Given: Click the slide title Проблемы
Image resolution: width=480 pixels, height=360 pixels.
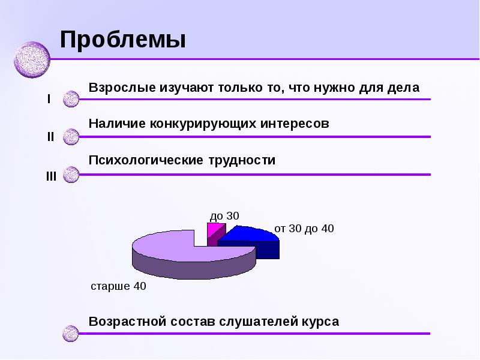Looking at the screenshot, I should pyautogui.click(x=122, y=40).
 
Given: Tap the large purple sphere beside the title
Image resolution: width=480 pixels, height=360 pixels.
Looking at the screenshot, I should pyautogui.click(x=32, y=60).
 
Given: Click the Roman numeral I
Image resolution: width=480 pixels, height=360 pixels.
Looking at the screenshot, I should pyautogui.click(x=49, y=99).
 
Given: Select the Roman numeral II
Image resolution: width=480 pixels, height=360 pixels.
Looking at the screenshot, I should pyautogui.click(x=50, y=137).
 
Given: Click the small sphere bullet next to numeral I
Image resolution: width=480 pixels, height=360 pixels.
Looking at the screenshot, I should pyautogui.click(x=71, y=99).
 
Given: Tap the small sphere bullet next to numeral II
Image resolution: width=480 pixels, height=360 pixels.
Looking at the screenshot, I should pyautogui.click(x=71, y=137).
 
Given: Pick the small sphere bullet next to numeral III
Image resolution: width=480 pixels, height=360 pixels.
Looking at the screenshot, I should pyautogui.click(x=71, y=175).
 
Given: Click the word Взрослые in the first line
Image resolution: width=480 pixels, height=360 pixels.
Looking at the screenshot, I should pyautogui.click(x=121, y=88).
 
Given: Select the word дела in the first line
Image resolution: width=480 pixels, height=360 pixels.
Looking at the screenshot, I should pyautogui.click(x=406, y=88).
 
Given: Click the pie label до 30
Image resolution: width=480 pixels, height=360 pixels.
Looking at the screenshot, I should pyautogui.click(x=224, y=215).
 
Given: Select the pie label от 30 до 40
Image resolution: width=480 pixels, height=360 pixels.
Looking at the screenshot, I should pyautogui.click(x=304, y=229).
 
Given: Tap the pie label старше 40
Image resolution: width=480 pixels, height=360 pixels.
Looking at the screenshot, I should pyautogui.click(x=118, y=286).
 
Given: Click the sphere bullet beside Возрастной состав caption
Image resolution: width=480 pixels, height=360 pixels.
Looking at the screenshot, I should pyautogui.click(x=71, y=333).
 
